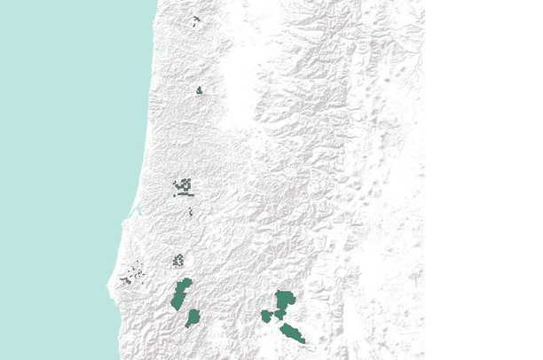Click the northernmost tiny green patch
(195, 19)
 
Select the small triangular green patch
(199, 90)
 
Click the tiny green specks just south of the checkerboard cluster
(190, 211)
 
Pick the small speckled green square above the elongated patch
(177, 260)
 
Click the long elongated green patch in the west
(181, 294)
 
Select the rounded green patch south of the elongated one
(192, 317)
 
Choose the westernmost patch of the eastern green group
(265, 316)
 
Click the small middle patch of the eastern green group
(279, 314)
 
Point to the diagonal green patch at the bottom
(291, 333)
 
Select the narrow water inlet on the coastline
(137, 211)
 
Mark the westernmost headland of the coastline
(110, 284)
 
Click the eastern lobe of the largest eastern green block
(291, 300)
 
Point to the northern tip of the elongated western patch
(187, 281)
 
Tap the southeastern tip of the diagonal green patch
(303, 340)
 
